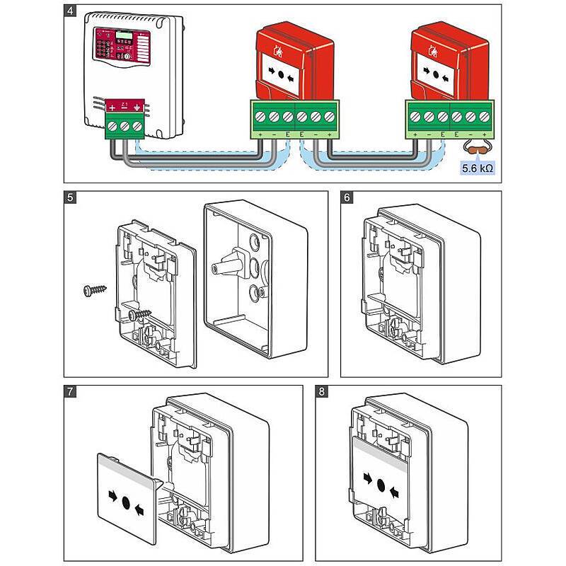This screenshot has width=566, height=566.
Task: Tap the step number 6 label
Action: (x=348, y=199)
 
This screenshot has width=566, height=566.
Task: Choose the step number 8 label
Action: (x=323, y=393)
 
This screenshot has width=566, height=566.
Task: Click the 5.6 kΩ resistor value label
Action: (x=477, y=168)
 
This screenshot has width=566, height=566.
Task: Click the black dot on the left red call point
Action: (x=281, y=74)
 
